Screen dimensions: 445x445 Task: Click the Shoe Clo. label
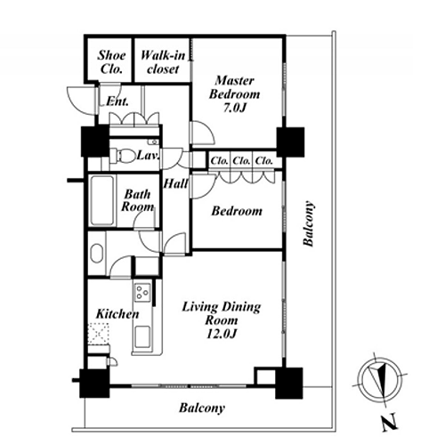111,62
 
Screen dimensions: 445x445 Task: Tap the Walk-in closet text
163,62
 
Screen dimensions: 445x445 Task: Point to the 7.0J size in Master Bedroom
235,108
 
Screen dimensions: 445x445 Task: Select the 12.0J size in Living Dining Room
222,334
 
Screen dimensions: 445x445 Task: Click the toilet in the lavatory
122,155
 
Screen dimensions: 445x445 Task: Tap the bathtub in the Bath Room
102,200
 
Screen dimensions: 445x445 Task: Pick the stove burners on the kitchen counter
142,293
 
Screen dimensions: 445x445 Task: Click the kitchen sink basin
142,336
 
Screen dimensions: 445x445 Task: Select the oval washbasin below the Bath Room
97,253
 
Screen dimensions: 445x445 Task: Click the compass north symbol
380,380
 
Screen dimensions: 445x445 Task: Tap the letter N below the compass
389,422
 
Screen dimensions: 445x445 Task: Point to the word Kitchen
117,314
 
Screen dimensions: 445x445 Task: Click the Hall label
175,183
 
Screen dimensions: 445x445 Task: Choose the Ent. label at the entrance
117,101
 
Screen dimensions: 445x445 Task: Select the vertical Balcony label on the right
308,223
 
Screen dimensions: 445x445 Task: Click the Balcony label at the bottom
202,408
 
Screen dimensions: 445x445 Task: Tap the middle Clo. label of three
241,161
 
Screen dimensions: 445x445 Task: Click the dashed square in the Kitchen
99,333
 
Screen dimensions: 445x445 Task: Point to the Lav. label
148,155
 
